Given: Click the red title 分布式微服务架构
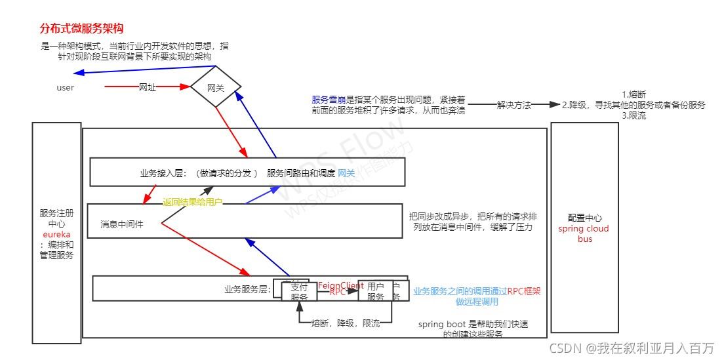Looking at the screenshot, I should click(x=81, y=30).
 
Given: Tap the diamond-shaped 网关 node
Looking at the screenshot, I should click(x=216, y=87).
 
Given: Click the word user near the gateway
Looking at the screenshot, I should click(x=66, y=88).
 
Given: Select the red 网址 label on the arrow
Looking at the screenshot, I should click(x=148, y=87).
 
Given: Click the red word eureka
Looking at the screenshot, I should click(x=56, y=234).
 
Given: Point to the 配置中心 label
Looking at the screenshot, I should click(x=584, y=218).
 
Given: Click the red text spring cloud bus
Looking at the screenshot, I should click(x=584, y=234).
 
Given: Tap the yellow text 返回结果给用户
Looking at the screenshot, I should click(x=193, y=203).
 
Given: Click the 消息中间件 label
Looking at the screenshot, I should click(x=122, y=224).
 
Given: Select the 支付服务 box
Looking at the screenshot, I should click(x=299, y=292).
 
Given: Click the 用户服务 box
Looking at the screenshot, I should click(x=375, y=292).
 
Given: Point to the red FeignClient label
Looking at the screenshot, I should click(x=340, y=286).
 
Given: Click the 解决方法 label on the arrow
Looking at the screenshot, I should click(x=513, y=105).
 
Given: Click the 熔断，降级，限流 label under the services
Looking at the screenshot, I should click(x=345, y=323).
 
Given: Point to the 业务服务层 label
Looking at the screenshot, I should click(x=247, y=289).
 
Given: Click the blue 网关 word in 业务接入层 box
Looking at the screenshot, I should click(x=346, y=173).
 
